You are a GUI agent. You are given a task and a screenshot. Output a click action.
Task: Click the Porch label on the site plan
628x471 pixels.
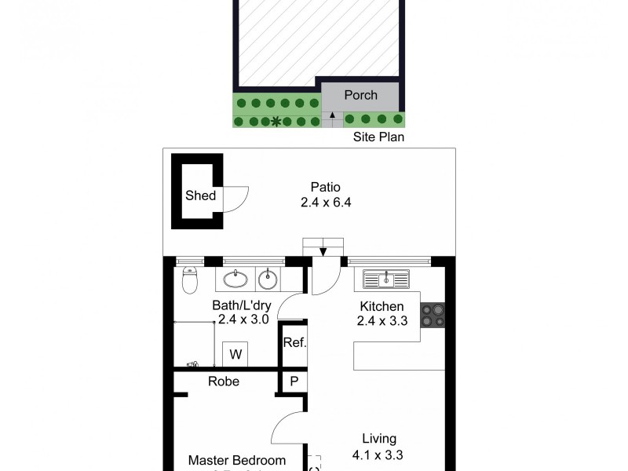pos(360,95)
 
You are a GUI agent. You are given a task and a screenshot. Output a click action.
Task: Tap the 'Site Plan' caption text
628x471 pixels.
pos(378,137)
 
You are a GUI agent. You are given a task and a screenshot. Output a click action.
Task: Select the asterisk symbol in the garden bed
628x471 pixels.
pos(276,121)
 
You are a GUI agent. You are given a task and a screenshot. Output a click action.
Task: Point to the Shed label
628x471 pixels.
pos(199,195)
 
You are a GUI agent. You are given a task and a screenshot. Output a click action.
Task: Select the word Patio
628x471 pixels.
pos(325,187)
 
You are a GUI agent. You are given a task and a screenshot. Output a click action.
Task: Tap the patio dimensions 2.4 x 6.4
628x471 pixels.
pos(325,202)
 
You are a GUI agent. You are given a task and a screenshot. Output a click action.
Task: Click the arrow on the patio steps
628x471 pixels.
pos(323,250)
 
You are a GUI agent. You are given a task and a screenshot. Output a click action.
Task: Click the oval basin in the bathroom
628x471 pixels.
pos(235,279)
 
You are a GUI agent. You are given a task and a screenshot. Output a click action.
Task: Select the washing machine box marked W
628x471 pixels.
pos(235,355)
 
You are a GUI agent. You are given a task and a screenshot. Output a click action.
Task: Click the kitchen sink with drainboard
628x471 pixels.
pos(385,278)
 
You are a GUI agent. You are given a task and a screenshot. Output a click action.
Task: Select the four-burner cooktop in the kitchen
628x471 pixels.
pos(432,315)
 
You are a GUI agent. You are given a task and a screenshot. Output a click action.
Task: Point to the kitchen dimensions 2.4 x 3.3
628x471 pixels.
pos(382,320)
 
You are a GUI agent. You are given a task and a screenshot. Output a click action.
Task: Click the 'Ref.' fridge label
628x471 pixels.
pos(294,343)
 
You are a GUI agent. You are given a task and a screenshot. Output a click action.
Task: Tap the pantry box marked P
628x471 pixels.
pos(294,381)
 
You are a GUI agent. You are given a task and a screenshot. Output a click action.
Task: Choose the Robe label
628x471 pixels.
pos(224,382)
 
